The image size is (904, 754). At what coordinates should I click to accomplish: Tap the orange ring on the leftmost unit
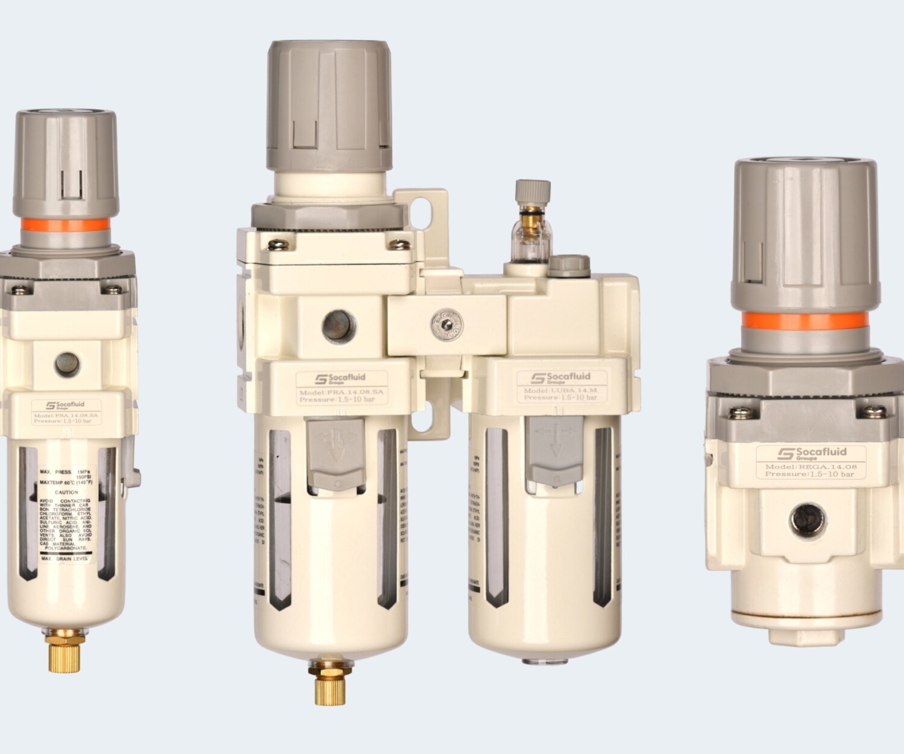point(65,224)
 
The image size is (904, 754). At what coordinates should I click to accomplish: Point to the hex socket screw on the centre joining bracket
point(446,326)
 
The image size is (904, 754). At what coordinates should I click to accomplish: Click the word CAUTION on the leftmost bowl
point(66,492)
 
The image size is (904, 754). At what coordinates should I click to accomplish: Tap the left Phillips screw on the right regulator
point(737,413)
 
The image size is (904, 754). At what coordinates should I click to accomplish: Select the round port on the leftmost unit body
point(66,363)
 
